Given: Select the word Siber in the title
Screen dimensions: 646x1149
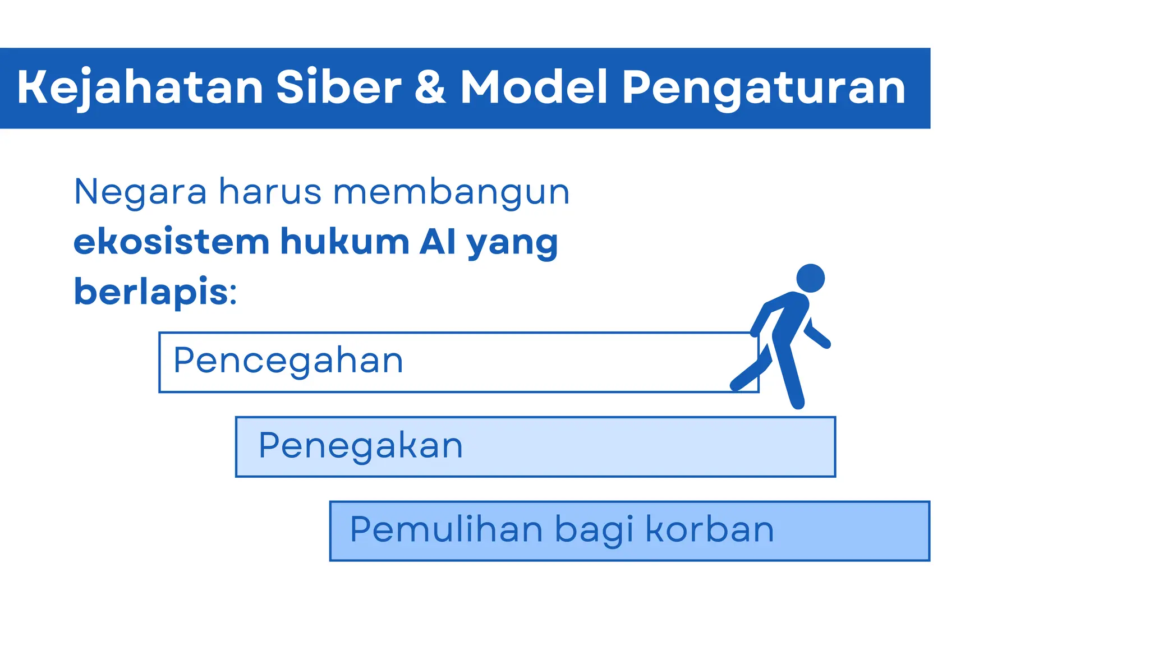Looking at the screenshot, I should point(339,88).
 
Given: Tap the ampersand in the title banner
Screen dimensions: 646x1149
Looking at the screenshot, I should point(430,88).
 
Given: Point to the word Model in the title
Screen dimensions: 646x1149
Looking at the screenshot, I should point(534,88).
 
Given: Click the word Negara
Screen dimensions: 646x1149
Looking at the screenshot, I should point(140,192).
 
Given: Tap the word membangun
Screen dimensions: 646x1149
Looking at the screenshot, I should point(451,192).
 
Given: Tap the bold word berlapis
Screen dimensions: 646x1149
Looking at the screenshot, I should point(150,292).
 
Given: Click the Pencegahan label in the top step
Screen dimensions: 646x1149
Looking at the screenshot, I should point(288,361).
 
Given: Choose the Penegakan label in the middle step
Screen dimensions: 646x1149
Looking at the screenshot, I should point(361,446).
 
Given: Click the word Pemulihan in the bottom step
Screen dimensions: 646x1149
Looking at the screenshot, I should point(447,529).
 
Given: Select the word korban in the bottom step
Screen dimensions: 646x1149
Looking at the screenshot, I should point(710,529).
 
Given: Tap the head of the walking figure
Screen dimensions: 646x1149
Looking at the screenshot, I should point(810,278).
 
